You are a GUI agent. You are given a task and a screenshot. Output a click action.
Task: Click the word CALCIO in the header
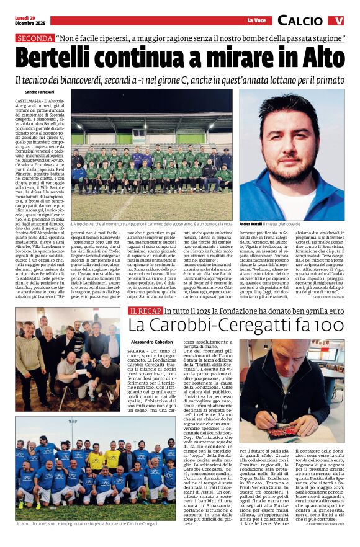pos(301,20)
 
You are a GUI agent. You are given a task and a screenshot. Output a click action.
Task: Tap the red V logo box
pos(336,20)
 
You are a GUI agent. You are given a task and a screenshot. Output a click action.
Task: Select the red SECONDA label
pos(34,38)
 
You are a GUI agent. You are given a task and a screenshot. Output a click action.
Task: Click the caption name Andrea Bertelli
pos(252,223)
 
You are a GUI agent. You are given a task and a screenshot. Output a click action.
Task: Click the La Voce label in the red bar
pos(256,21)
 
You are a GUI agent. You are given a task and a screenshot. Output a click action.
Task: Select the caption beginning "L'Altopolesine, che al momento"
pos(151,223)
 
